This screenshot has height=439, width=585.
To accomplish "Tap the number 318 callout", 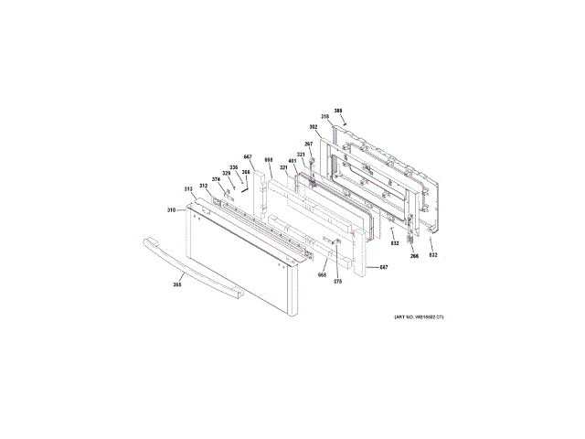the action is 324,117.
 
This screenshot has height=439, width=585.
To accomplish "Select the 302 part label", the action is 313,127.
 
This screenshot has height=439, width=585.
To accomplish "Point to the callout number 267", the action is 309,144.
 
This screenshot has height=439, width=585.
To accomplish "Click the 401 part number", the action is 292,161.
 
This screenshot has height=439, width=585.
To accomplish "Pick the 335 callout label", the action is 233,167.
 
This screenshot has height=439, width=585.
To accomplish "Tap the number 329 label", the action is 226,173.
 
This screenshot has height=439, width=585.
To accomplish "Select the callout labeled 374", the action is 217,179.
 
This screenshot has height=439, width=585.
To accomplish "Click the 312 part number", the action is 204,186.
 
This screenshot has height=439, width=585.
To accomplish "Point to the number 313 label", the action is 188,189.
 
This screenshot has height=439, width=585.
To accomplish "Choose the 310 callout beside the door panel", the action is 171,210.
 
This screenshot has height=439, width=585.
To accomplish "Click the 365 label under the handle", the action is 177,286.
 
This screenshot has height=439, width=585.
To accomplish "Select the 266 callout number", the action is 414,256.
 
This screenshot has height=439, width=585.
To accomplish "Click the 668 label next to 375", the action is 322,274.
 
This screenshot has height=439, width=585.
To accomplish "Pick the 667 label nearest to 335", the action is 248,156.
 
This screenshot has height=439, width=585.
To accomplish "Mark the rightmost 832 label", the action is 433,254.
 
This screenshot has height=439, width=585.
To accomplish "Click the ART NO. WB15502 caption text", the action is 418,316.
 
